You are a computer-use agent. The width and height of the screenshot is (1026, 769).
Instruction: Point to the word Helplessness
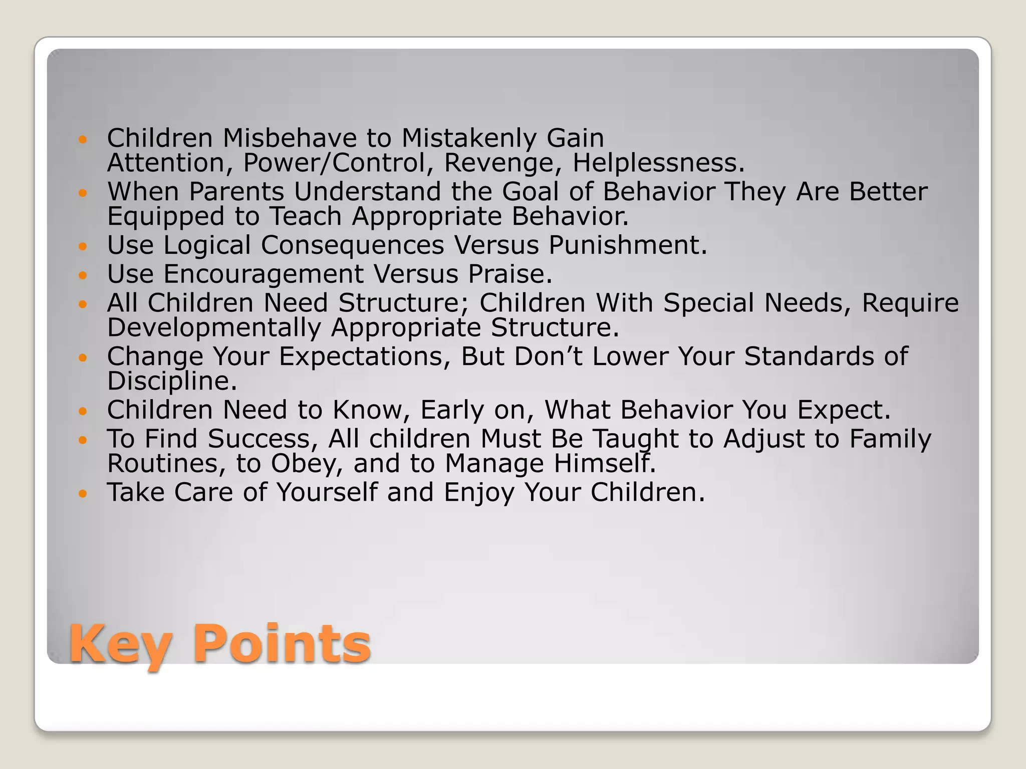pos(658,163)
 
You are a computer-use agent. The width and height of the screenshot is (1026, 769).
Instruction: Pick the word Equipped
pos(166,217)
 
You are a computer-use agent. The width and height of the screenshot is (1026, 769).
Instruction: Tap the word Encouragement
pos(264,274)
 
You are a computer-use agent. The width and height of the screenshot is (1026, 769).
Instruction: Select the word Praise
pos(509,274)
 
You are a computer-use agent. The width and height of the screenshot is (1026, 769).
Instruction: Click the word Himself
pos(604,463)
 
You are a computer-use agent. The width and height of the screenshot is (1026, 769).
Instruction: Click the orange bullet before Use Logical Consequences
pos(83,246)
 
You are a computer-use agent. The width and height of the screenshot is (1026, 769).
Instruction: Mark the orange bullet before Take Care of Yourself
pos(83,493)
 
